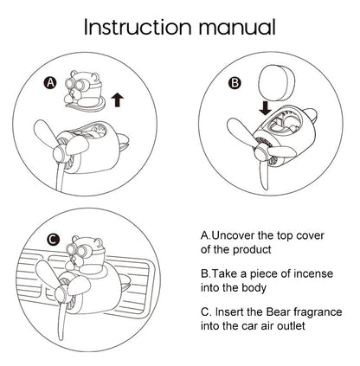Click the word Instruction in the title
138,27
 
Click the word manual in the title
236,27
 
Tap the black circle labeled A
50,83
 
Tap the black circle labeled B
235,83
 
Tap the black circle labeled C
54,240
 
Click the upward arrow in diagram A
117,100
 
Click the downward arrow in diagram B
265,108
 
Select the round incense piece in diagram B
274,83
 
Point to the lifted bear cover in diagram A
84,90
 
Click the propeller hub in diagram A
60,154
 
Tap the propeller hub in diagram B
261,151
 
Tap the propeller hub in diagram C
61,294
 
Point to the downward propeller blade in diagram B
264,174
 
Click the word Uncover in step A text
234,235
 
